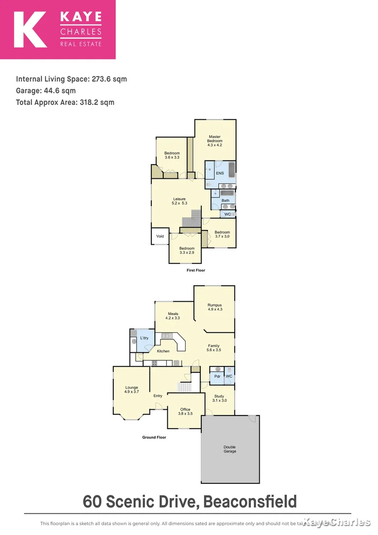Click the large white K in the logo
coord(30,30)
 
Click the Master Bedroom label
coord(215,139)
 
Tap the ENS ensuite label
coord(220,173)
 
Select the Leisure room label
coord(179,199)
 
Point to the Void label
coord(160,236)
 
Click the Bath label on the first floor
coord(225,201)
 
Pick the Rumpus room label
coord(214,305)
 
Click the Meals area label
coord(173,314)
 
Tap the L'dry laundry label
coord(144,338)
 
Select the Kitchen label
coord(163,351)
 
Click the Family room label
coord(213,346)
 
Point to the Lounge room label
coord(131,388)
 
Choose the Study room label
coord(219,396)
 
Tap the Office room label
coord(185,410)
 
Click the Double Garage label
coord(230,449)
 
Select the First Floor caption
coord(195,270)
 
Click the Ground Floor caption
coord(154,437)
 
